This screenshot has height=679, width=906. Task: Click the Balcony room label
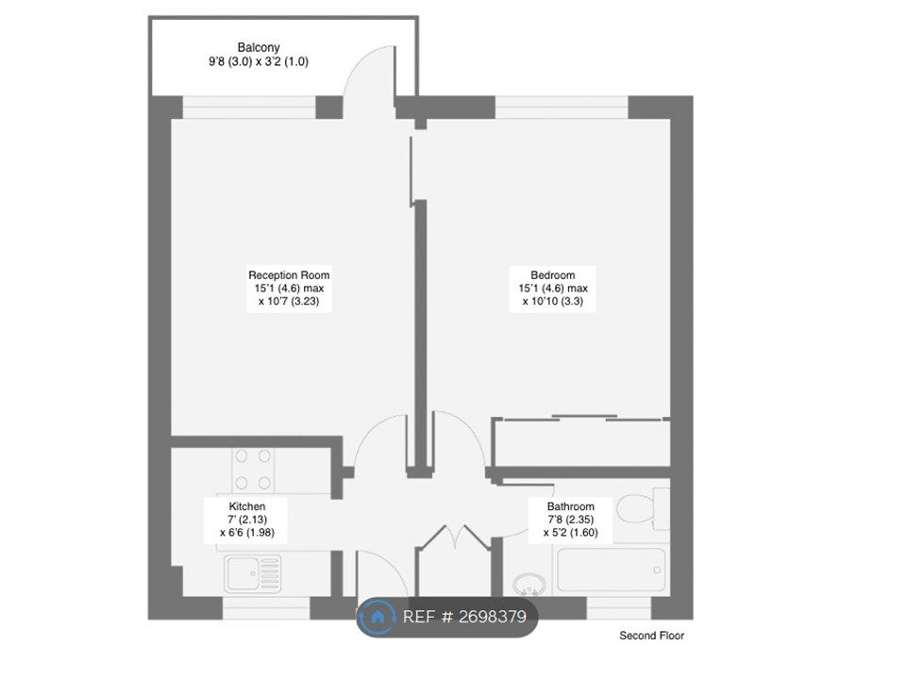(x=259, y=47)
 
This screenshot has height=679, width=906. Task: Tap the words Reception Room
(x=289, y=274)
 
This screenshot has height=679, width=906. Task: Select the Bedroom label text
(x=553, y=274)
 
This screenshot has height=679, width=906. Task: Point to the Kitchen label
(x=246, y=506)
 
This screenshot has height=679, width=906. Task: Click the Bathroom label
(x=571, y=506)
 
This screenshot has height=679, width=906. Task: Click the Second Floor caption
(x=652, y=635)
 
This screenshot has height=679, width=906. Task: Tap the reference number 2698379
(x=493, y=617)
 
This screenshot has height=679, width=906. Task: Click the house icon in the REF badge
(x=377, y=617)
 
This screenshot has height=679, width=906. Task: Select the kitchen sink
(x=254, y=574)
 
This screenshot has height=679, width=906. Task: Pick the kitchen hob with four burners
(x=253, y=470)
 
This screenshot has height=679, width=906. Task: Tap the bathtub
(x=611, y=570)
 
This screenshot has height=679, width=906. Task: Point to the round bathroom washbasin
(x=528, y=584)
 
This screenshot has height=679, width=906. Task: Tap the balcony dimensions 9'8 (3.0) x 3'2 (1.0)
(x=259, y=61)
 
